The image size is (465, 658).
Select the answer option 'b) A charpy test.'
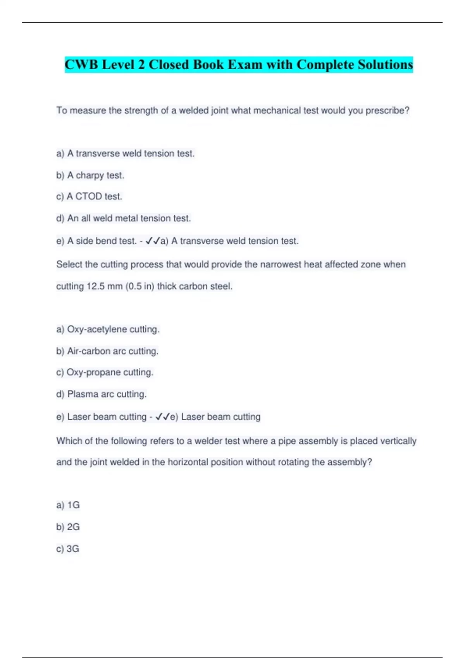(90, 175)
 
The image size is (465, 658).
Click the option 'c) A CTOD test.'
(89, 197)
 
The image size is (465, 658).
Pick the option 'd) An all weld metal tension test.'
(124, 218)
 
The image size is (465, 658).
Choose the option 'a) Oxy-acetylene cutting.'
(108, 329)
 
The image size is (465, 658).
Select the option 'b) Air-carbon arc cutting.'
(107, 351)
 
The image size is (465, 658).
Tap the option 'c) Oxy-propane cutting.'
(105, 372)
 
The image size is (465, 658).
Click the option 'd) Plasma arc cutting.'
(102, 394)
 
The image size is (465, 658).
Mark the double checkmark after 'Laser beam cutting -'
(162, 417)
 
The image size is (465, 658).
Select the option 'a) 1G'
(68, 505)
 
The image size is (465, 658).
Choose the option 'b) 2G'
(68, 527)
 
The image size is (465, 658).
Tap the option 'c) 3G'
(68, 549)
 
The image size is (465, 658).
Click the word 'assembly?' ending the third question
(353, 462)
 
